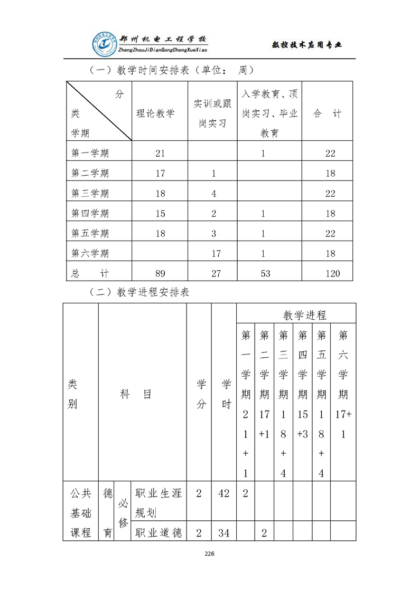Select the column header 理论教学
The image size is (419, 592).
point(156,113)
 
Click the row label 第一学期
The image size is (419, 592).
point(90,154)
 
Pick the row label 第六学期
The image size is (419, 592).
point(90,253)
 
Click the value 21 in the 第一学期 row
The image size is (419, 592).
point(160,154)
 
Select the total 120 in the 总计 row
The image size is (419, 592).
point(330,273)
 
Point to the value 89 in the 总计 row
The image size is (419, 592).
point(160,273)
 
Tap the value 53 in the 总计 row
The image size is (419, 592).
point(263,273)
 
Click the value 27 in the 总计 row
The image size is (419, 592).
point(213,273)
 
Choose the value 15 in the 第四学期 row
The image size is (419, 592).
point(160,214)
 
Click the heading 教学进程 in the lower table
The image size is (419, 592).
point(305,315)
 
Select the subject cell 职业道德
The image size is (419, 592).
point(159,533)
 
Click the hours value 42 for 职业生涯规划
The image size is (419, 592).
point(224,494)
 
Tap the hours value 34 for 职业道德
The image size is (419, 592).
point(224,533)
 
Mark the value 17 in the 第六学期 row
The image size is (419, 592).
point(216,253)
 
